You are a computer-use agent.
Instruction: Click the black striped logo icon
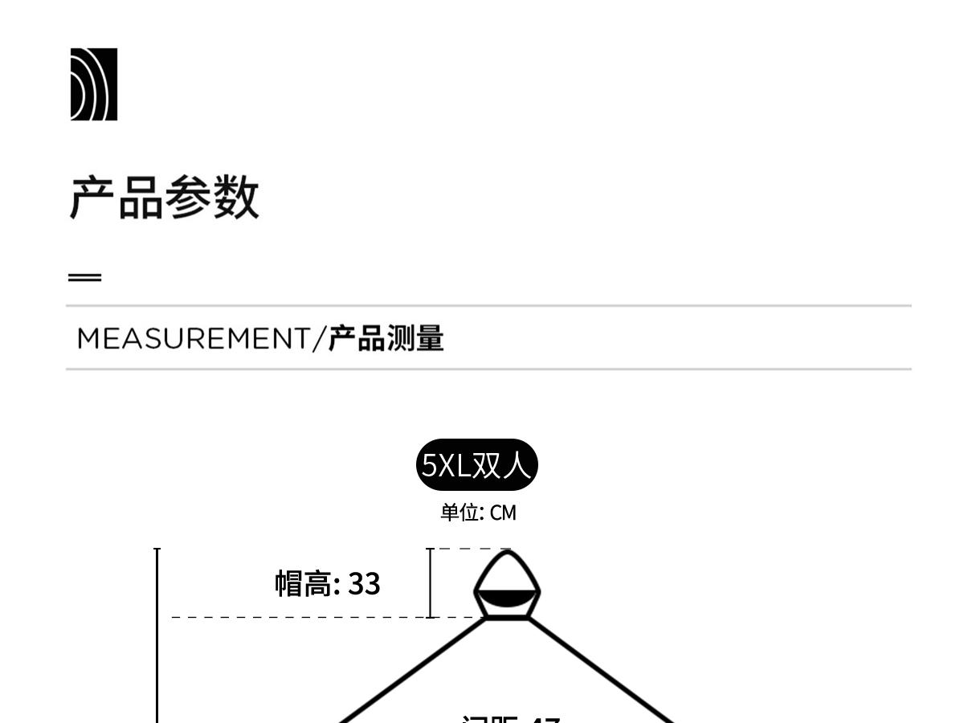coord(93,84)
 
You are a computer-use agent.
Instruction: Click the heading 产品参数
coord(164,198)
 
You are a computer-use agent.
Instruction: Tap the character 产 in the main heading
coord(92,198)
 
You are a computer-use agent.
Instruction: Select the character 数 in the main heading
coord(236,198)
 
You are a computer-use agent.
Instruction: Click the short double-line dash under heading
coord(84,278)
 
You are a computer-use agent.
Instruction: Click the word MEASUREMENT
coord(193,339)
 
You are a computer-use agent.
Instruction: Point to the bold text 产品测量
coord(386,339)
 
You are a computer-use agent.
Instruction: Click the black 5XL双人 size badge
coord(476,465)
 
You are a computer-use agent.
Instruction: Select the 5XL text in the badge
coord(446,466)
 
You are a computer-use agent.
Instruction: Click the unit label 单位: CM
coord(478,513)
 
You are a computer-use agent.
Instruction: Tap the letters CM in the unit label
coord(503,513)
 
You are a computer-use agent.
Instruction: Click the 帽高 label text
coord(302,584)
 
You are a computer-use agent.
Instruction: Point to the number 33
coord(364,584)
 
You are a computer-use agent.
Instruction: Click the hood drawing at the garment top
coord(507,585)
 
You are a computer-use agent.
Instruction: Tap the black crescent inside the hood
coord(507,598)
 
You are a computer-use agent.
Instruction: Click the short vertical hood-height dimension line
coord(431,583)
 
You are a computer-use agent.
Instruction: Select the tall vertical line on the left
coord(157,635)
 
